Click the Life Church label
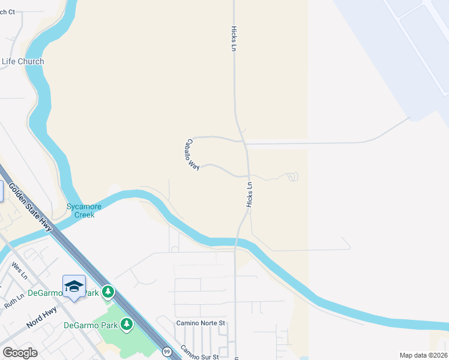click(x=23, y=61)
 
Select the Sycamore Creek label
click(x=83, y=211)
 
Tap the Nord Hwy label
click(x=41, y=319)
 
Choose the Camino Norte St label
click(x=200, y=323)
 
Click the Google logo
click(x=20, y=353)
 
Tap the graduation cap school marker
click(x=74, y=287)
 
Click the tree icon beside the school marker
click(x=107, y=292)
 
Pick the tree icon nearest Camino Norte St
click(x=127, y=325)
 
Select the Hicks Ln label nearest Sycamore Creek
click(x=249, y=195)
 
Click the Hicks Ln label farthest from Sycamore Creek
click(x=234, y=38)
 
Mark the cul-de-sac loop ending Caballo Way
click(x=292, y=176)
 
